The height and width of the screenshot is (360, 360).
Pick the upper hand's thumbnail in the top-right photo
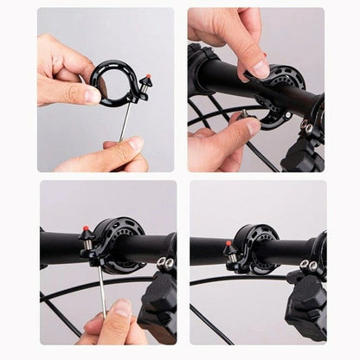[x=259, y=67]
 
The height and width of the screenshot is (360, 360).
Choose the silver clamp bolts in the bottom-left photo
[x=164, y=262]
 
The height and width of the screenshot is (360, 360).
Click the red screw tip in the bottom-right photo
[x=228, y=246]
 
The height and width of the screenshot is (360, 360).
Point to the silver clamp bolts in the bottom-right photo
[x=308, y=265]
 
